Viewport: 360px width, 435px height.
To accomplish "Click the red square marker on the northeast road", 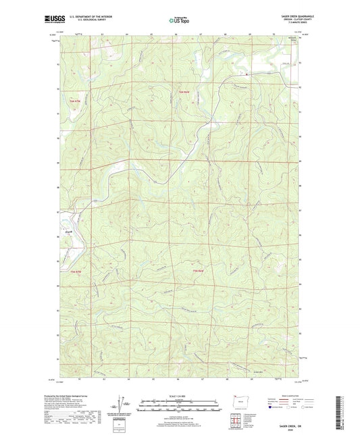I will (247, 74).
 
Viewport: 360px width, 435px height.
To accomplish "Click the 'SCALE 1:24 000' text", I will (180, 395).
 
